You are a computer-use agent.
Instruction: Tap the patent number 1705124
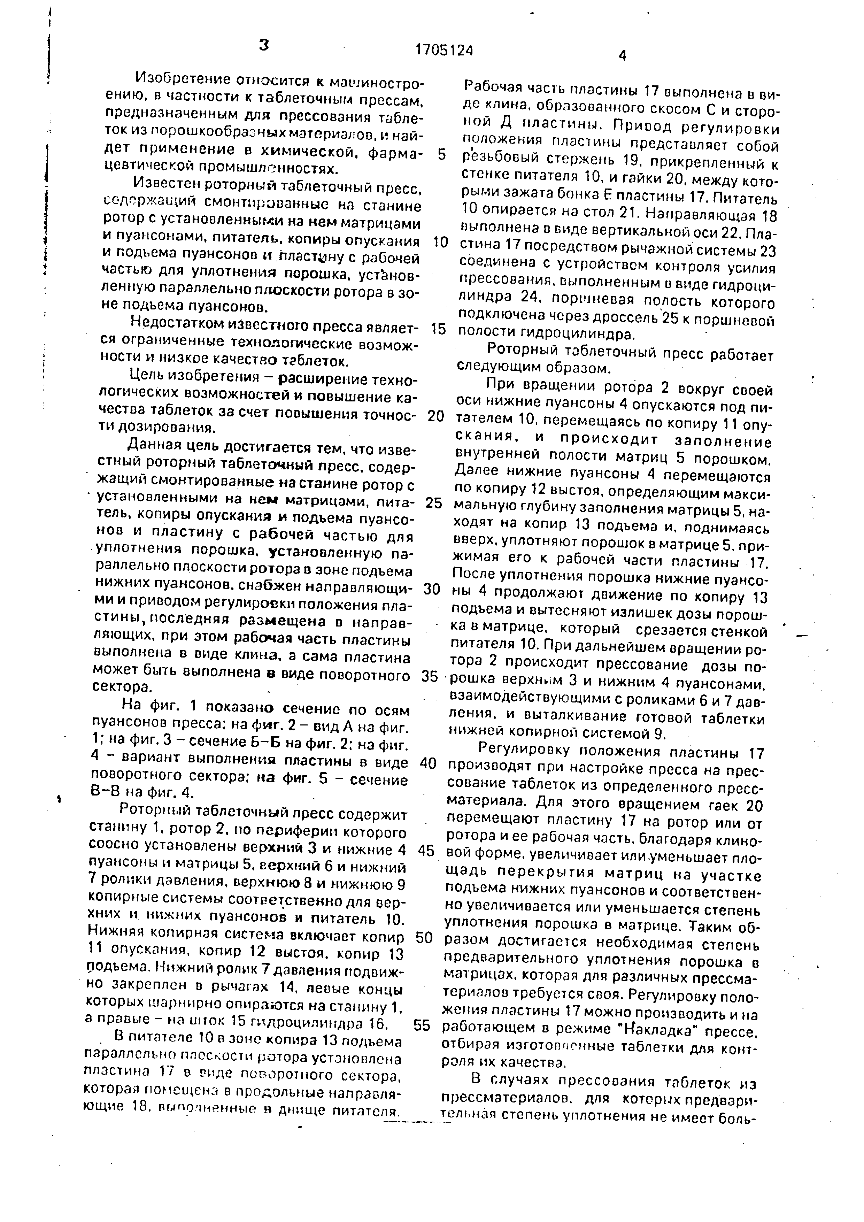click(x=444, y=50)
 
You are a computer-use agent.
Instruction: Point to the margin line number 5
click(x=441, y=154)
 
